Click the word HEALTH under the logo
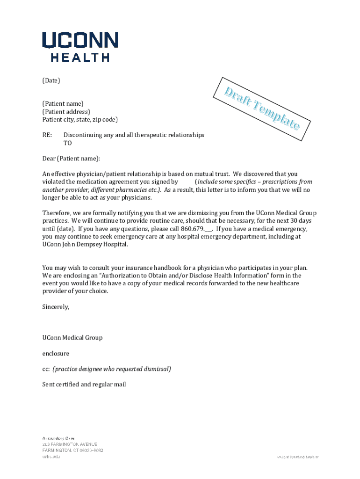(80, 58)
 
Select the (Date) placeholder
(51, 80)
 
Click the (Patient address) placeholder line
(66, 111)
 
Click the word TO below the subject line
(68, 143)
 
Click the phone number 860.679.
(192, 229)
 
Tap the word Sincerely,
(56, 307)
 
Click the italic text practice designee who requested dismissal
(112, 369)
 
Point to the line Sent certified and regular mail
(84, 385)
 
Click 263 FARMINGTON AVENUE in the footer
(70, 444)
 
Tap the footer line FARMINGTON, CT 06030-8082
(72, 450)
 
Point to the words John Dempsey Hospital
(94, 244)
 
